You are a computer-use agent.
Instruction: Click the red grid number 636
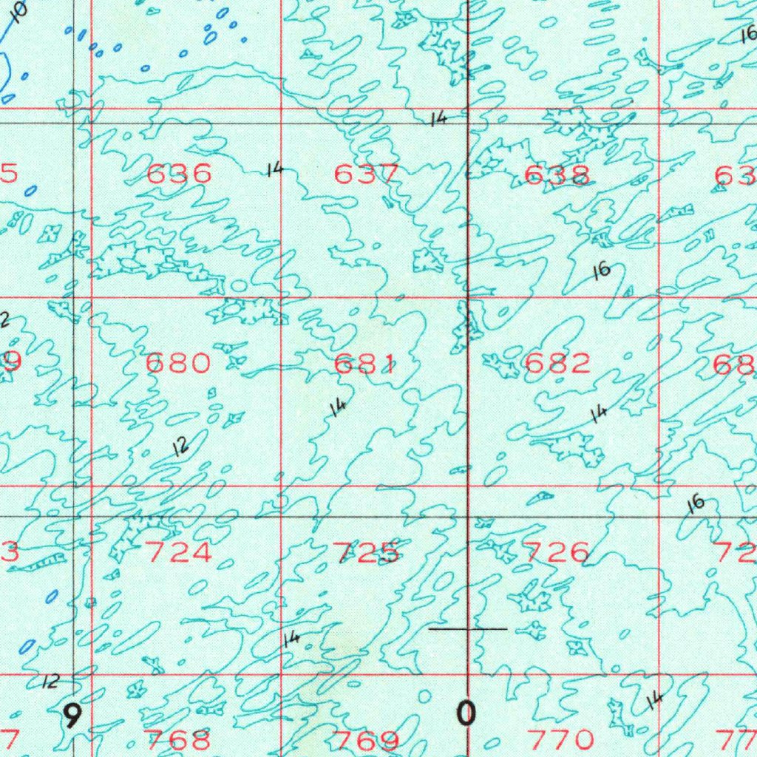(179, 174)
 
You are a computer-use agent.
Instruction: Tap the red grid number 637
(367, 174)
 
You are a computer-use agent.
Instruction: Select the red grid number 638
(557, 174)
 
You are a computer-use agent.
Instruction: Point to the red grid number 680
(178, 363)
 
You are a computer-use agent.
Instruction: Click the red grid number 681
(366, 364)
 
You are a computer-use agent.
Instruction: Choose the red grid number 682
(557, 363)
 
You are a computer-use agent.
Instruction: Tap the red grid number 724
(179, 552)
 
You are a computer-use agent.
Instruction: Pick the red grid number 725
(367, 552)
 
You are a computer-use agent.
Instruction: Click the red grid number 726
(557, 552)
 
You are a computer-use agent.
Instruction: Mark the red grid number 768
(179, 739)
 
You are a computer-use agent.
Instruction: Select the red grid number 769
(367, 740)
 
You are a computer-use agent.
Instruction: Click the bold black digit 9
(72, 716)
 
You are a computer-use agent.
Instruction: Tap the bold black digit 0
(466, 714)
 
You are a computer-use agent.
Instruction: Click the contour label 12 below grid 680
(180, 446)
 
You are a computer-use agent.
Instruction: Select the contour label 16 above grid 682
(602, 271)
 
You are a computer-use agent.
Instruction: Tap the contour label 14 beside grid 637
(274, 171)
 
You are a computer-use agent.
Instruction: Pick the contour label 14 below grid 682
(599, 414)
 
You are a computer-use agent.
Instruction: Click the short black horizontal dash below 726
(468, 629)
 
